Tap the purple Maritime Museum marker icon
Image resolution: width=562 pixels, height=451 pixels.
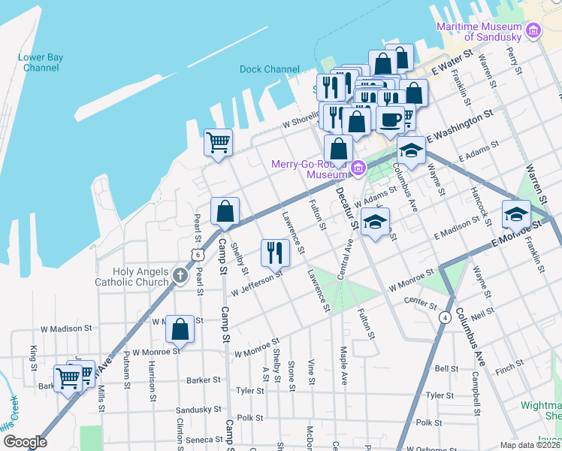tap(533, 32)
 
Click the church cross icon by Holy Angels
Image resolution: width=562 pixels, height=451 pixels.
tap(179, 276)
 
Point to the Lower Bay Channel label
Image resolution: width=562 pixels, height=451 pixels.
tap(41, 62)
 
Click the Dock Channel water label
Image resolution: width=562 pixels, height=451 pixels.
tap(269, 69)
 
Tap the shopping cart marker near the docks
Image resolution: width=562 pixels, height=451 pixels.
tap(218, 142)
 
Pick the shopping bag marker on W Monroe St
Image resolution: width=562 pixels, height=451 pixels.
tap(180, 329)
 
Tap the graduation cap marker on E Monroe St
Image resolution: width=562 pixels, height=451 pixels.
tap(516, 213)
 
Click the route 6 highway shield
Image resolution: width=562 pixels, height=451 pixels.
tap(197, 255)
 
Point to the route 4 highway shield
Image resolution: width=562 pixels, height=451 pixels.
tap(445, 317)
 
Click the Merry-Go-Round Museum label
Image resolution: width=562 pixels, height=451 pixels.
tap(310, 169)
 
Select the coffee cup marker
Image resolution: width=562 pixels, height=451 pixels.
tap(390, 120)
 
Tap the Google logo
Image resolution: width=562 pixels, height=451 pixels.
tap(25, 442)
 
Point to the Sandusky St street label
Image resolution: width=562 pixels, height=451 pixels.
tap(198, 410)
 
